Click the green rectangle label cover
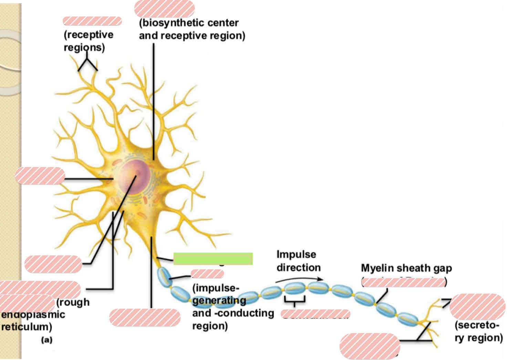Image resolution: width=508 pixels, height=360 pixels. [213, 259]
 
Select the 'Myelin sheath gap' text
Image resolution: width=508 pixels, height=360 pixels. [406, 268]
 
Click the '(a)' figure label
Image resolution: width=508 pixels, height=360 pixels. [47, 340]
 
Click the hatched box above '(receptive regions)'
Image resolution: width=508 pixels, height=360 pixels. [92, 21]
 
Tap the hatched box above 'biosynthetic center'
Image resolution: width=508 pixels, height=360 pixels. [164, 9]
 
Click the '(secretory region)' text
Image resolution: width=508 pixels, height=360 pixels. [478, 331]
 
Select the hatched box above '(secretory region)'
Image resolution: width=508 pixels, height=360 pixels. [477, 307]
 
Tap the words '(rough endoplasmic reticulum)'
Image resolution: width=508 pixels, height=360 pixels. [34, 315]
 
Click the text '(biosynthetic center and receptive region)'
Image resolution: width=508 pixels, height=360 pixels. [191, 29]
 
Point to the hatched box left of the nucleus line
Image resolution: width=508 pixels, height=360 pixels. [40, 176]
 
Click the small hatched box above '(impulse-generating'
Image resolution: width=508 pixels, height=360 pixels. [207, 274]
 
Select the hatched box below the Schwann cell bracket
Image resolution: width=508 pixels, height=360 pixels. [315, 313]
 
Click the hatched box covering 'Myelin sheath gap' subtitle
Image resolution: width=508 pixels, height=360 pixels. [403, 283]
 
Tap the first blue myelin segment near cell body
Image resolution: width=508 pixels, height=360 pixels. [164, 277]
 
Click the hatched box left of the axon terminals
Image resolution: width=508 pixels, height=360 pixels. [369, 346]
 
